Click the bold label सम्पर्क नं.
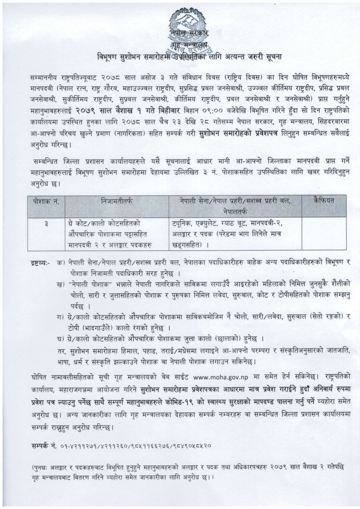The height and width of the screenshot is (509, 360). (43, 446)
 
